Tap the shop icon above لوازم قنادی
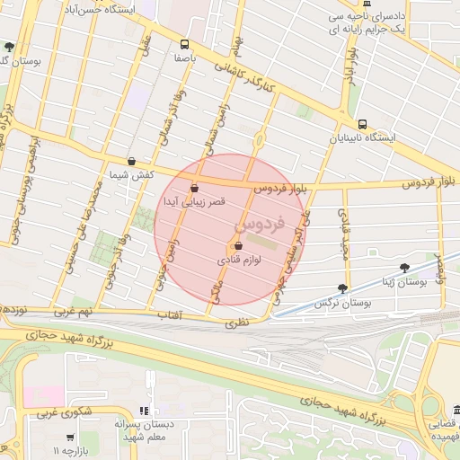(x=238, y=245)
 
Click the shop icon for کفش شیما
(x=132, y=162)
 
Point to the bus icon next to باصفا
(x=185, y=43)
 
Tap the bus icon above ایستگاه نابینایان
(x=362, y=124)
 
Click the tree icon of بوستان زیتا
(x=405, y=268)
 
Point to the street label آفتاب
(x=170, y=316)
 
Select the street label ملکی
(x=215, y=288)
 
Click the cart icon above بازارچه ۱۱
(x=70, y=437)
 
